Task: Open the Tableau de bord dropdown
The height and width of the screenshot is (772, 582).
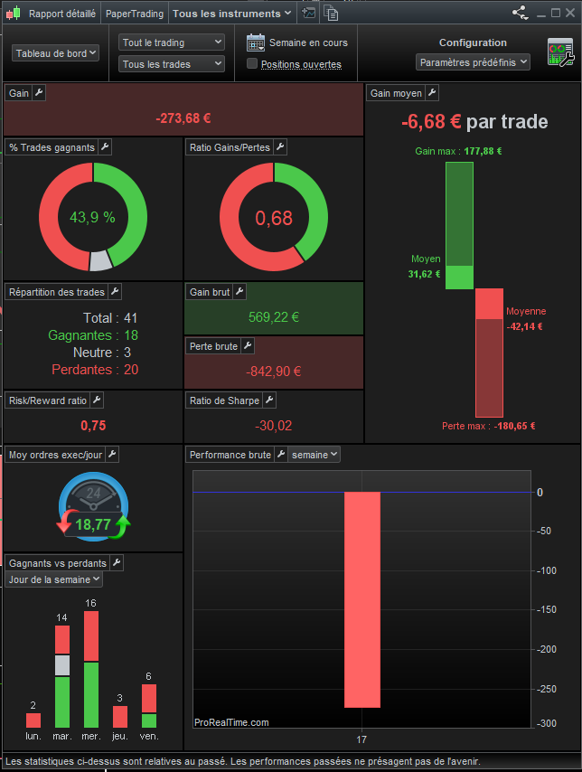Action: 56,53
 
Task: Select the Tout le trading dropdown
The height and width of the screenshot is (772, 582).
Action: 172,42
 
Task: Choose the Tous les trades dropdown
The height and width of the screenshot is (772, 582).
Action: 172,64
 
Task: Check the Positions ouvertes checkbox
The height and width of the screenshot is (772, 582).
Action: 253,64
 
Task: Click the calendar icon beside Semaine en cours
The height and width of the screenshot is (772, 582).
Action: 256,42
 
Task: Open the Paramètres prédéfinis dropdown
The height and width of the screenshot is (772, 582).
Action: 473,62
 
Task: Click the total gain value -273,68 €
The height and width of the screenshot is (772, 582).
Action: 183,118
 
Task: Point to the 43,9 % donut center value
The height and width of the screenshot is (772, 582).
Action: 92,217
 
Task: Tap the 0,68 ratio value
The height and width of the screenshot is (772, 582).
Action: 274,218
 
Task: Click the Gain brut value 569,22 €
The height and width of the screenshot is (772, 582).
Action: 273,317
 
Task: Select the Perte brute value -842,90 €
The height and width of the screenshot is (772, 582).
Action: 273,371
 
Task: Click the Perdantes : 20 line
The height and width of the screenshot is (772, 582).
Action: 95,370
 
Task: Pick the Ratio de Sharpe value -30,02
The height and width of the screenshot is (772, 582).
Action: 273,426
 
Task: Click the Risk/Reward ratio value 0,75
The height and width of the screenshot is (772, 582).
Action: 93,426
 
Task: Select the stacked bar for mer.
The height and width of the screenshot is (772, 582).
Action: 91,670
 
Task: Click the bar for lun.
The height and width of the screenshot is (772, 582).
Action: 33,720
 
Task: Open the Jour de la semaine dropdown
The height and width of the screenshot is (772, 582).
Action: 54,579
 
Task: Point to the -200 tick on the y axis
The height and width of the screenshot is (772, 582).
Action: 545,647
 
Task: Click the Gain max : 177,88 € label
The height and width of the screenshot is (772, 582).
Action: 458,151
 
